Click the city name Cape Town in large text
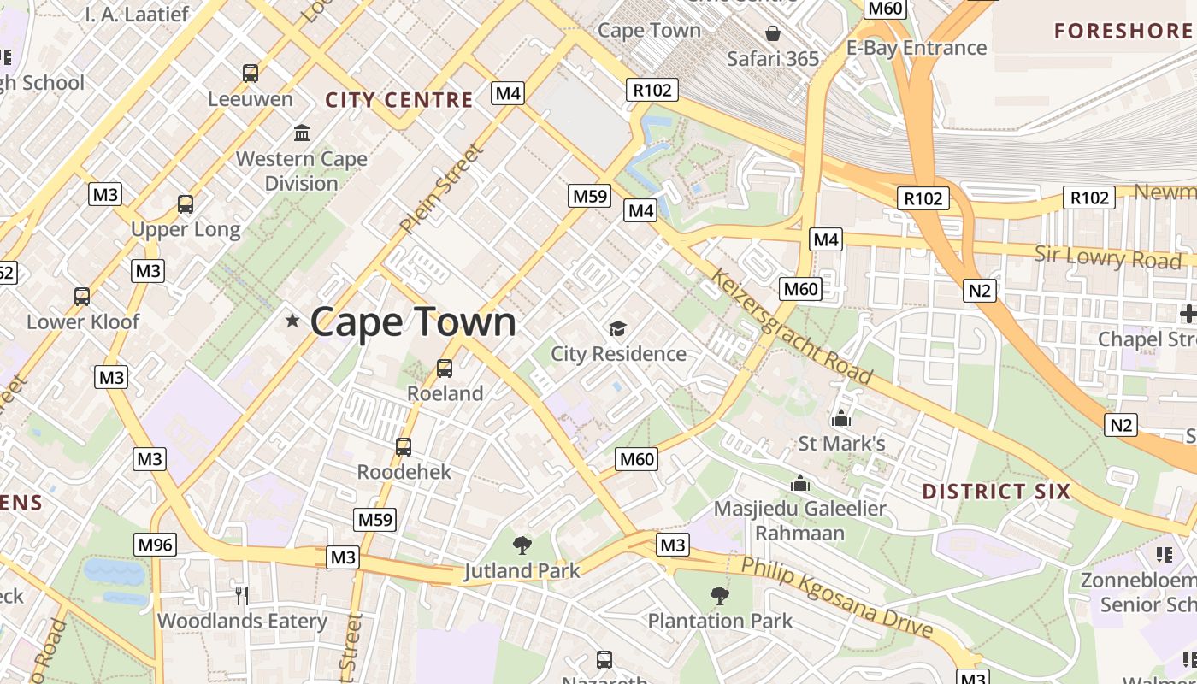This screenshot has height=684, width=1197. click(413, 322)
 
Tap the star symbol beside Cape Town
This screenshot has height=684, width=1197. click(292, 321)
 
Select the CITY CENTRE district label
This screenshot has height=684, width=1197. click(398, 100)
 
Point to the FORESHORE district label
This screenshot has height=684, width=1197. click(1122, 32)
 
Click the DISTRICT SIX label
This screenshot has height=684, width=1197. click(996, 492)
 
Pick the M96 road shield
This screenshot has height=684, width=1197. click(156, 545)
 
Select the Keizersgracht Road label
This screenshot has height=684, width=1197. click(791, 327)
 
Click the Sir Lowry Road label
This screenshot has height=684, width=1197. click(1108, 256)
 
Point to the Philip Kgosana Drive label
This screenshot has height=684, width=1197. click(835, 598)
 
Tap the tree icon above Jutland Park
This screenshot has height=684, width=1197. click(522, 545)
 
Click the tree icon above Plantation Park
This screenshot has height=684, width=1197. click(720, 595)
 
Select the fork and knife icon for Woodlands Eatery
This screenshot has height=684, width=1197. click(242, 595)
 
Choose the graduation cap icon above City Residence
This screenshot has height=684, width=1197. click(617, 328)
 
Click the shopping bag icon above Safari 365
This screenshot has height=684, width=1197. click(773, 33)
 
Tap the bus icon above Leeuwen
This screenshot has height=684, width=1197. click(251, 74)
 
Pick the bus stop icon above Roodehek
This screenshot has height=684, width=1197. click(404, 446)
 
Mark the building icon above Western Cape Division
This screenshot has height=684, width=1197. click(302, 133)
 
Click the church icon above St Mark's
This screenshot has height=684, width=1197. click(841, 418)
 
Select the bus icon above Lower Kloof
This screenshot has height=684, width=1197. click(82, 297)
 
